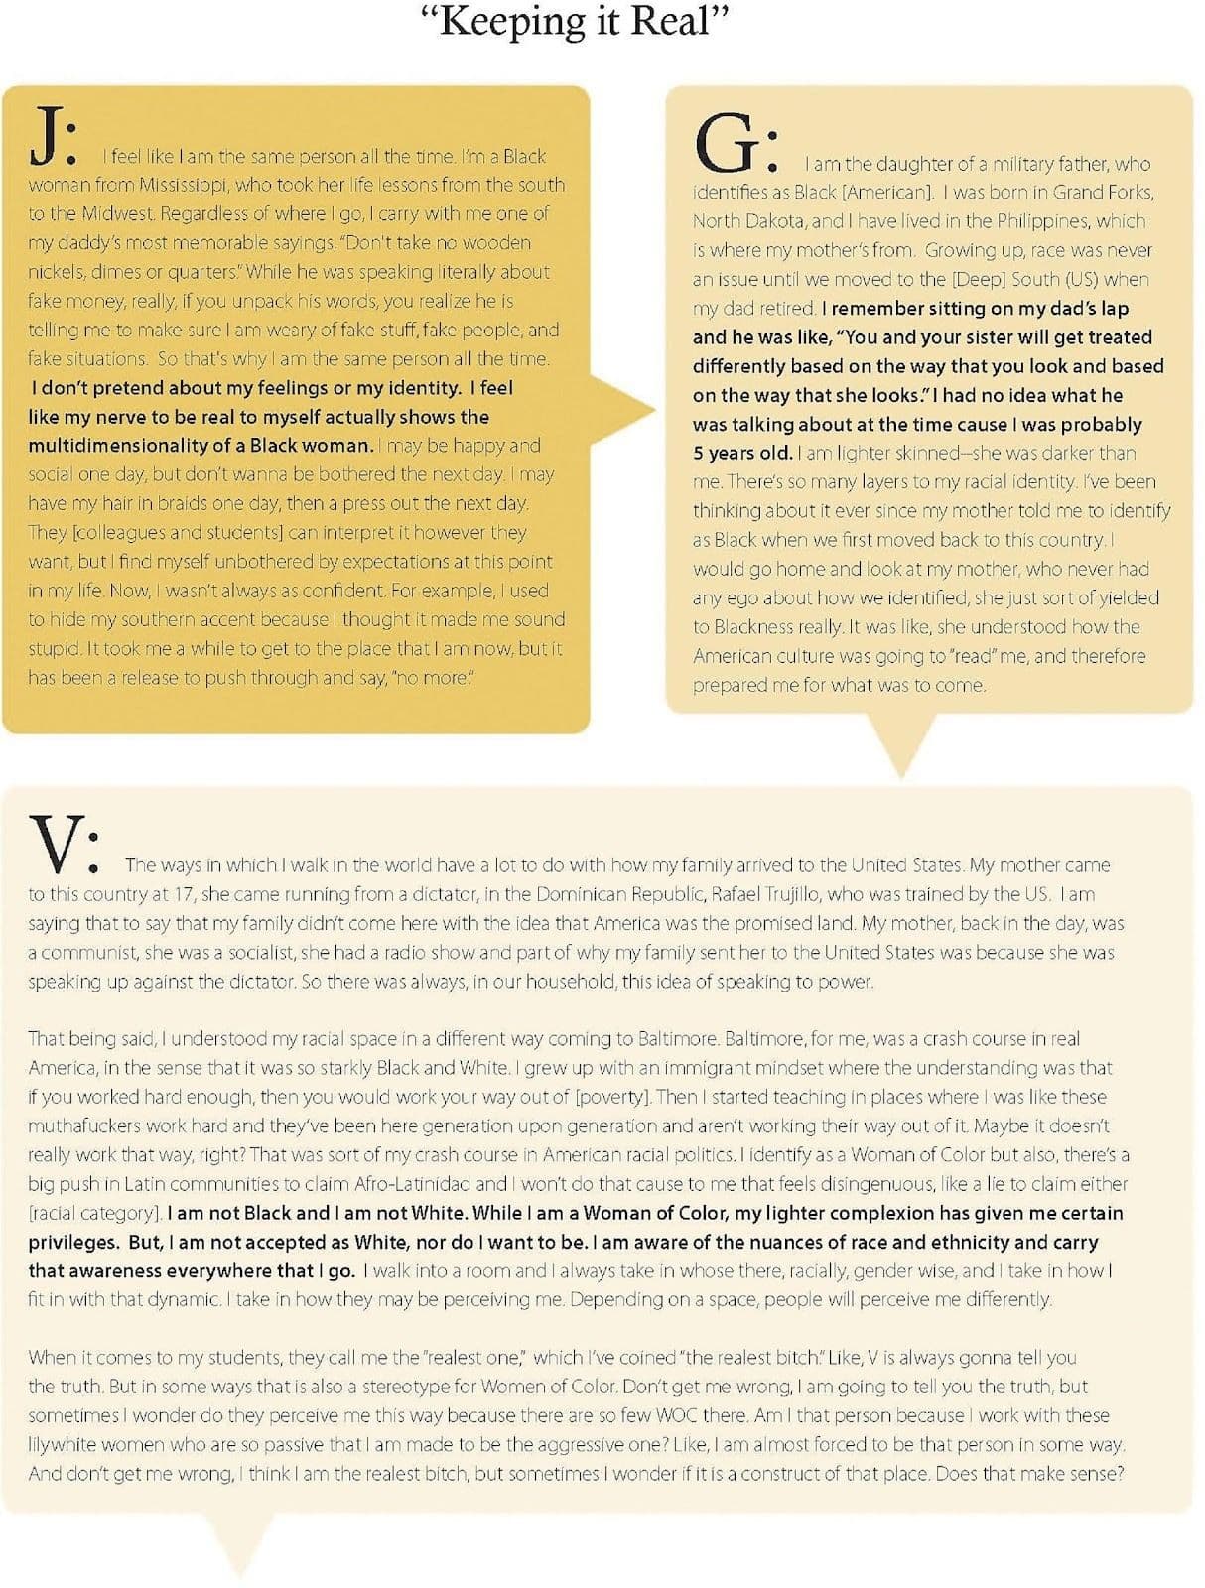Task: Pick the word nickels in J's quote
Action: [x=57, y=272]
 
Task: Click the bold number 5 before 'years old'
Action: [x=698, y=454]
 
